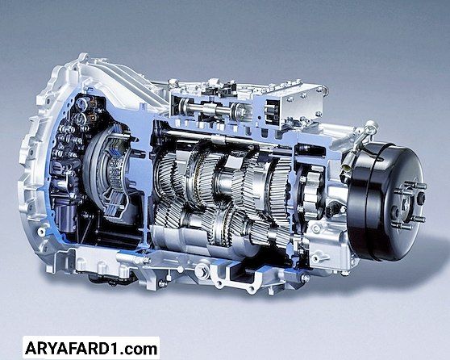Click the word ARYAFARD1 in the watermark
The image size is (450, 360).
[74, 349]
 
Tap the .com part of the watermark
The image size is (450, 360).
[140, 349]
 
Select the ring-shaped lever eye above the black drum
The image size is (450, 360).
[372, 127]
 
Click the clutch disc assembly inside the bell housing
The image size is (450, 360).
[109, 173]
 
